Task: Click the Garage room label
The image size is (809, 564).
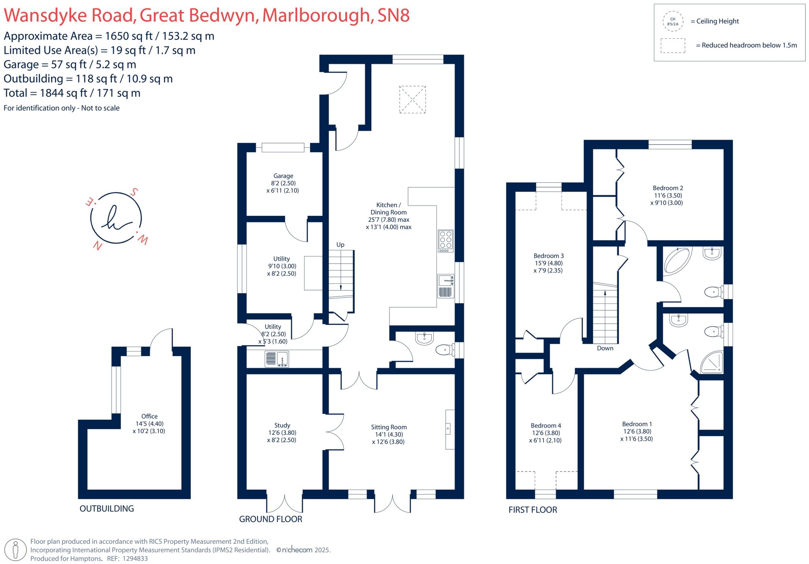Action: click(x=283, y=176)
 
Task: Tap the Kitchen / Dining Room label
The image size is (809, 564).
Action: click(x=388, y=209)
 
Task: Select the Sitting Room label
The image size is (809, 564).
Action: click(x=388, y=427)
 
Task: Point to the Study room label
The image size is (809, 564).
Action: click(x=282, y=426)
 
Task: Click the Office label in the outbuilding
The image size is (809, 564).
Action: click(x=149, y=417)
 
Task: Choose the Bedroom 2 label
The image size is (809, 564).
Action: click(x=668, y=189)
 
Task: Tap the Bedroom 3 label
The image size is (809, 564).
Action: click(x=548, y=256)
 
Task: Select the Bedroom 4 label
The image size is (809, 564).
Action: click(x=546, y=426)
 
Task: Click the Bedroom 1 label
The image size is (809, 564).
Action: click(x=637, y=424)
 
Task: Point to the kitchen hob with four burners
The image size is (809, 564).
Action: click(x=446, y=241)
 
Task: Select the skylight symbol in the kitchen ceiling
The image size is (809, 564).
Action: click(x=412, y=100)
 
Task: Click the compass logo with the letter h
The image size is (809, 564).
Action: click(x=116, y=218)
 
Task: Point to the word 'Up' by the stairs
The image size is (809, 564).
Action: click(x=340, y=245)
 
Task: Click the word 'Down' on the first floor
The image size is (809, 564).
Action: click(x=605, y=348)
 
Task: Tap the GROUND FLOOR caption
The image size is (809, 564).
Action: click(x=271, y=519)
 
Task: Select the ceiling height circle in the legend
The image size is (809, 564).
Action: click(x=673, y=21)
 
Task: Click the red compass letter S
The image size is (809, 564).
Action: click(x=134, y=192)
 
